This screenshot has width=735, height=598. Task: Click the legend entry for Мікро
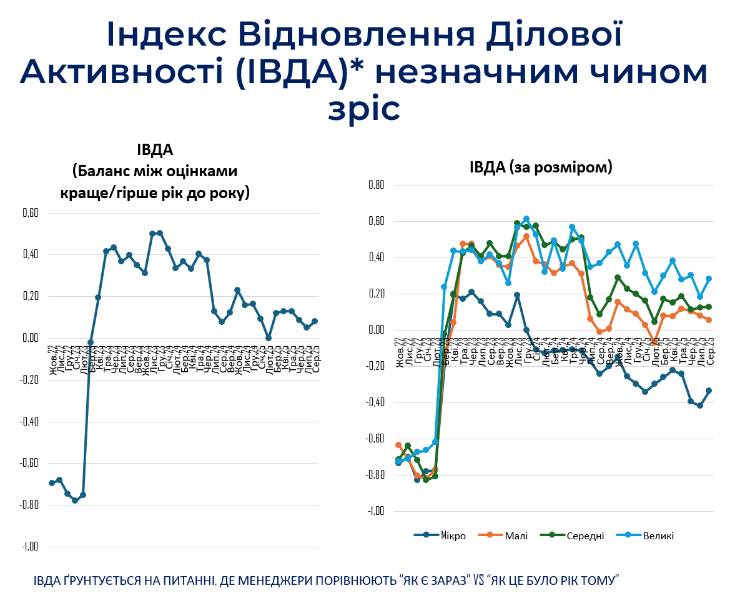[440, 536]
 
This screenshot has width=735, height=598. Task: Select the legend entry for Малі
[503, 536]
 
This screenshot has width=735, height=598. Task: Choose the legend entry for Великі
[645, 536]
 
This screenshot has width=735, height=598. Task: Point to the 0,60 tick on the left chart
[30, 213]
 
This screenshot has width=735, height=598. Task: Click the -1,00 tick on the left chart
[29, 547]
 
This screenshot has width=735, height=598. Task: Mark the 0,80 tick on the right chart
[377, 185]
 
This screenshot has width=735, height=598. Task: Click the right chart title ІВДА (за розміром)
[541, 167]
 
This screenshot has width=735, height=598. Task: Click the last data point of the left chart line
[315, 321]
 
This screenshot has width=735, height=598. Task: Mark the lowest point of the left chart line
[75, 501]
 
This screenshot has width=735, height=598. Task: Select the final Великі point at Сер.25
[709, 279]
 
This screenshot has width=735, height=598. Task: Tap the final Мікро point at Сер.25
[709, 391]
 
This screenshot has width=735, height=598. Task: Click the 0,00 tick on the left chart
[30, 338]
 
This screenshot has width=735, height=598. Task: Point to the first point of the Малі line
[398, 445]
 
